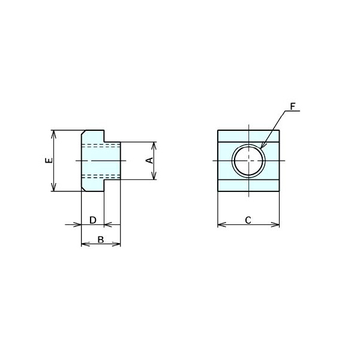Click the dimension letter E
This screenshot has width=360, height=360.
pyautogui.click(x=49, y=160)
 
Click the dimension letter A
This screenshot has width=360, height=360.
pyautogui.click(x=149, y=160)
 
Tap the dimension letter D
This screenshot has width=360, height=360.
pyautogui.click(x=93, y=220)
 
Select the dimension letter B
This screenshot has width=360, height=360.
pyautogui.click(x=101, y=239)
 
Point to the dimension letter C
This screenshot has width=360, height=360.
pyautogui.click(x=248, y=220)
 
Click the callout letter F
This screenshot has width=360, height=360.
pyautogui.click(x=293, y=107)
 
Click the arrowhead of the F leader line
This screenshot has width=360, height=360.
pyautogui.click(x=262, y=146)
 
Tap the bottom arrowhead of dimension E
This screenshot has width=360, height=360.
pyautogui.click(x=53, y=187)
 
